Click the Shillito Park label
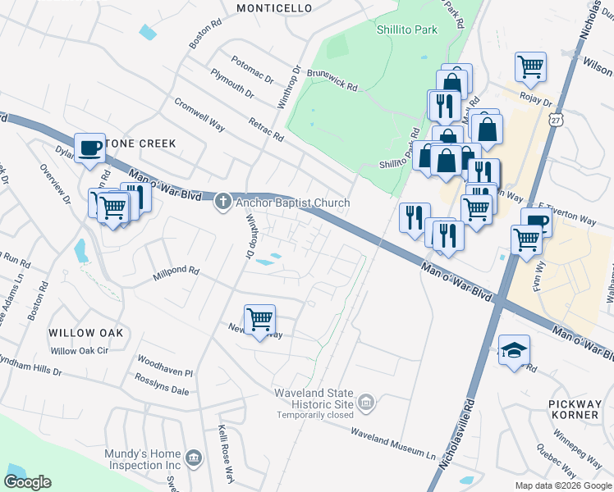click(407, 30)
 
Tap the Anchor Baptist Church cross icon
click(222, 203)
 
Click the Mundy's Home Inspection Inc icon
click(194, 456)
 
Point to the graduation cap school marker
click(514, 350)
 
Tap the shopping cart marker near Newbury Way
click(260, 318)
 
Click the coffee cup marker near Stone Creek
click(89, 148)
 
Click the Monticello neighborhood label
click(274, 7)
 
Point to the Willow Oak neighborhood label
click(85, 333)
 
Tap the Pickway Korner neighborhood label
click(575, 409)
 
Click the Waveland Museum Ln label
click(393, 443)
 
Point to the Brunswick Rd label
click(332, 80)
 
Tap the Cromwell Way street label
click(199, 114)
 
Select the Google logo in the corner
click(28, 482)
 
